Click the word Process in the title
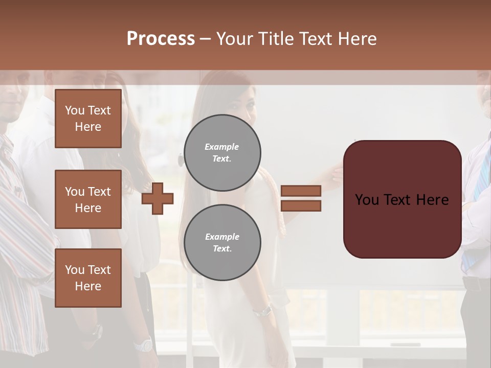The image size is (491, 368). [161, 39]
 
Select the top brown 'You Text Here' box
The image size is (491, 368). [88, 119]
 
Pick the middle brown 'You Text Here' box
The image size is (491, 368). [88, 199]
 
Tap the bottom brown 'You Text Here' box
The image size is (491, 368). [88, 278]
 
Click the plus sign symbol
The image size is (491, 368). [158, 199]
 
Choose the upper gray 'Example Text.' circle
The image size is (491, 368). [222, 153]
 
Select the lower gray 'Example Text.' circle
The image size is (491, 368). [222, 242]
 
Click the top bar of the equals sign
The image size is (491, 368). [301, 191]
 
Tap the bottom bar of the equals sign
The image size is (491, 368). [301, 206]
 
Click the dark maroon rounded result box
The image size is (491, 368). [402, 199]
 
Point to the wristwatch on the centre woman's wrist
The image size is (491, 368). [263, 310]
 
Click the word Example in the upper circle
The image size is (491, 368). [222, 147]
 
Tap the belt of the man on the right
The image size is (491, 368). [475, 283]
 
